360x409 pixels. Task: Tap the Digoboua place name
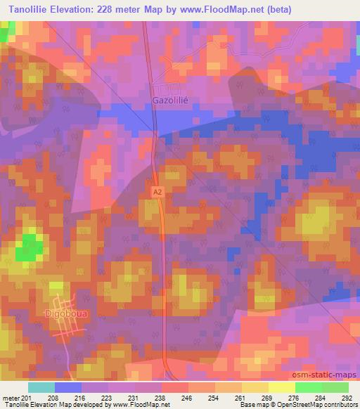click(66, 313)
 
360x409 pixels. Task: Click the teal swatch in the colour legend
click(41, 387)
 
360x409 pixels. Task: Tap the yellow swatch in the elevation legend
click(281, 387)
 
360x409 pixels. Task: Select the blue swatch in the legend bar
click(68, 387)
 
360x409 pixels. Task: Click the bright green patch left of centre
click(29, 247)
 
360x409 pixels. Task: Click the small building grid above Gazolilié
click(168, 89)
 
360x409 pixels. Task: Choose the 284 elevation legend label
click(321, 398)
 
